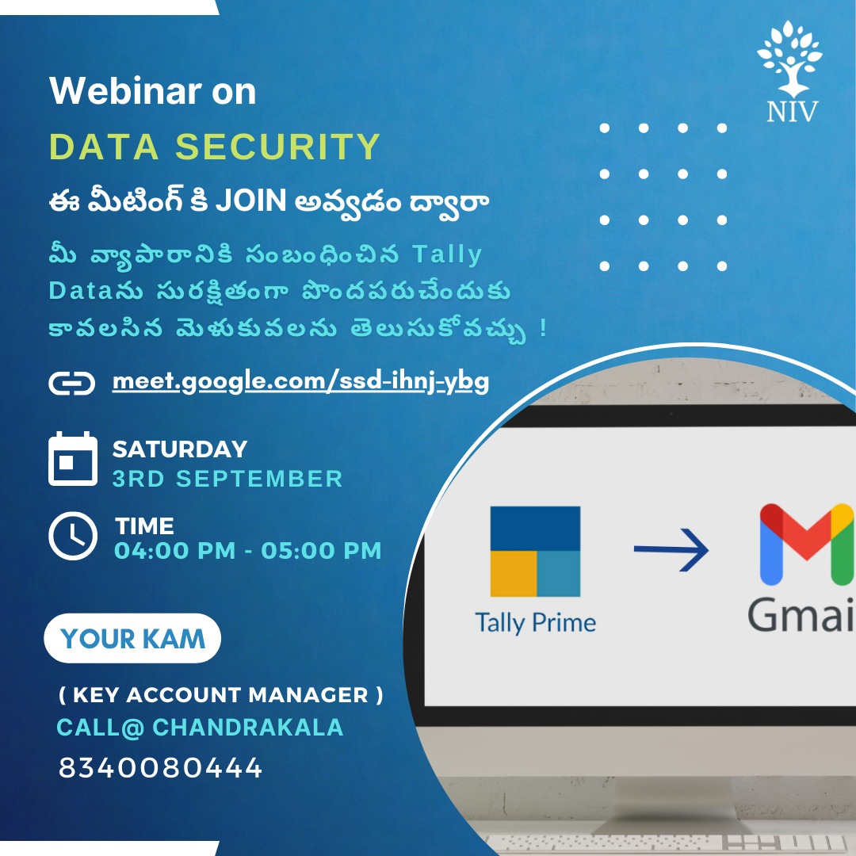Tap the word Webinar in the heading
[125, 90]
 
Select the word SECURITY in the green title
[277, 147]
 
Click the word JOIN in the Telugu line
[251, 201]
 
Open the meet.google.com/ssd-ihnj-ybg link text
[300, 381]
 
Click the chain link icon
[71, 383]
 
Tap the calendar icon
[73, 459]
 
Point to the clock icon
[73, 536]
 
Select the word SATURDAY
[180, 449]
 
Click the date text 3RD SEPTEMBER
[227, 479]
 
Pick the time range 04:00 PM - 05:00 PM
[248, 550]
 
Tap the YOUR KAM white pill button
[132, 638]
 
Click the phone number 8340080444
[160, 767]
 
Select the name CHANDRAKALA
[248, 727]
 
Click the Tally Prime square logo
[535, 552]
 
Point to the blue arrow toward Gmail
[671, 549]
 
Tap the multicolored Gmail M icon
[806, 545]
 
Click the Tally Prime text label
[536, 623]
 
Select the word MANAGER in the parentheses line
[308, 695]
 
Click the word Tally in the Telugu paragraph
[447, 255]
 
